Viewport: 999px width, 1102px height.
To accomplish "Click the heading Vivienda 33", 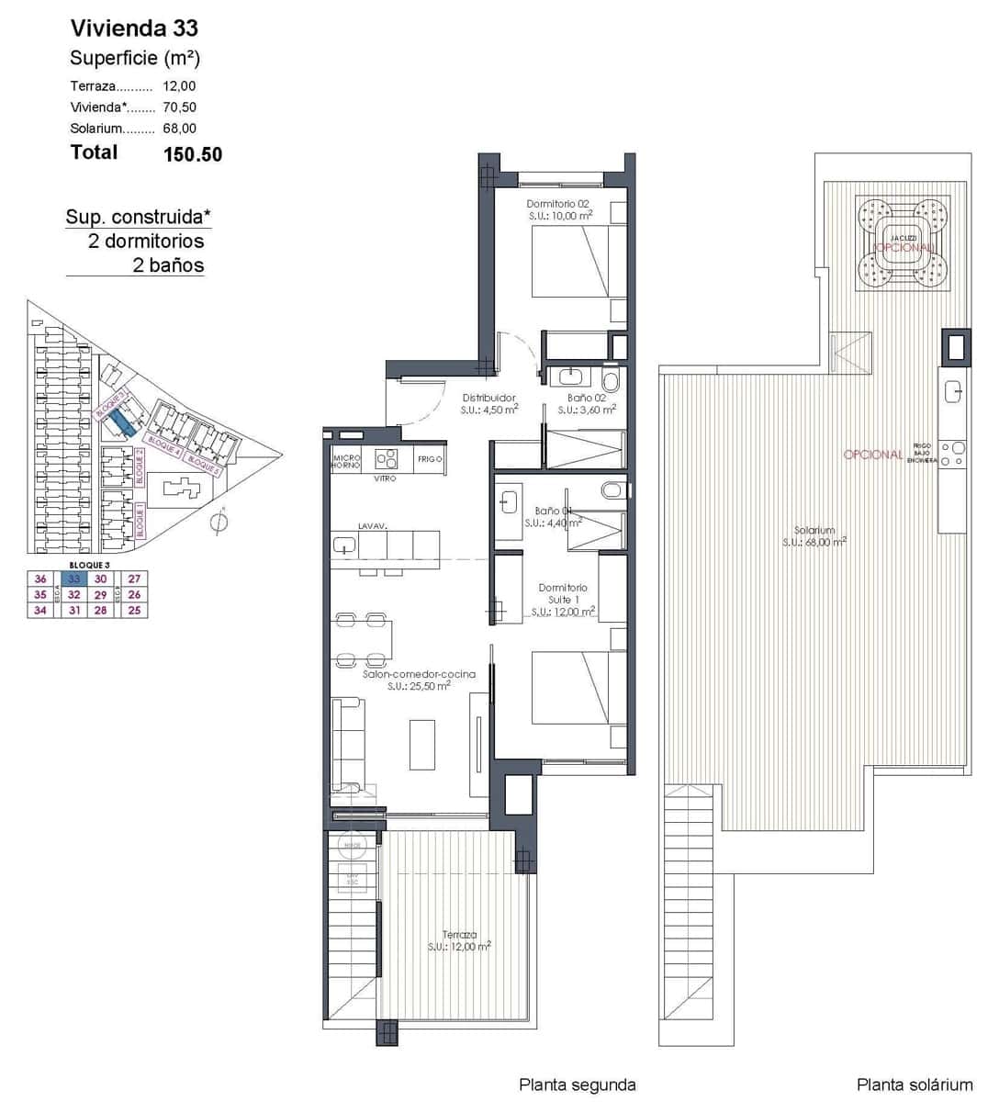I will [134, 28].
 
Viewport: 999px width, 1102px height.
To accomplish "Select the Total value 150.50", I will [192, 154].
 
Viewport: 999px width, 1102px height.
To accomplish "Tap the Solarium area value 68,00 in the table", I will [179, 129].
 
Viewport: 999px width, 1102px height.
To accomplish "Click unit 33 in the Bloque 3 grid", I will [74, 579].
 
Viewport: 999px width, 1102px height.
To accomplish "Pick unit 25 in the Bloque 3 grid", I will [135, 610].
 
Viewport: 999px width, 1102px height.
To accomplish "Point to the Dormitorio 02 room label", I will [557, 203].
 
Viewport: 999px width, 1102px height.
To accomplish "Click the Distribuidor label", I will [488, 398].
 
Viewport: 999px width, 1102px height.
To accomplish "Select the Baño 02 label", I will [587, 398].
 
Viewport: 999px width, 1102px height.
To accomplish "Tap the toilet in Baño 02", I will [612, 379].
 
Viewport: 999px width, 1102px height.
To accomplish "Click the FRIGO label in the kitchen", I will [430, 458].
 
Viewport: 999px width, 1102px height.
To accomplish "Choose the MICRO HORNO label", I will [346, 461].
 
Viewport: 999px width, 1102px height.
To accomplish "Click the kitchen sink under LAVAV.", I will [345, 545].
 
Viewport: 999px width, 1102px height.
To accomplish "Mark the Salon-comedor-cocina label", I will [419, 674].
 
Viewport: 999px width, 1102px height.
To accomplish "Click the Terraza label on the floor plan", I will [458, 935].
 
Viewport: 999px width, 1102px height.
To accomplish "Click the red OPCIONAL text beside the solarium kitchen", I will [872, 455].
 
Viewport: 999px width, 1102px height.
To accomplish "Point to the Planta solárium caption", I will [914, 1085].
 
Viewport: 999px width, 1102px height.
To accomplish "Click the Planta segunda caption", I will [577, 1085].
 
